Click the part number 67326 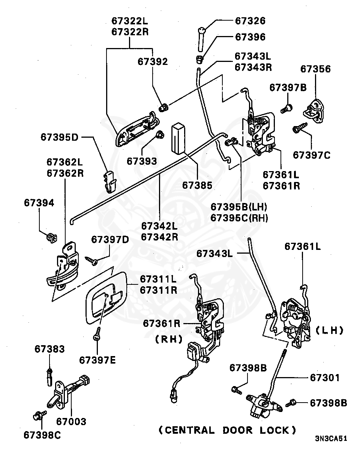[x=250, y=21]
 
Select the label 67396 [x=250, y=37]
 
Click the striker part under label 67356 [x=314, y=111]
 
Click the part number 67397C [x=312, y=155]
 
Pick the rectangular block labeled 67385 [x=178, y=138]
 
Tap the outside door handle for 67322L [x=137, y=129]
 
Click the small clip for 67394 [x=52, y=238]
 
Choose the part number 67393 [x=142, y=161]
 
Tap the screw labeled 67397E [x=97, y=334]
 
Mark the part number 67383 [x=49, y=349]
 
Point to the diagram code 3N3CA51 [x=331, y=443]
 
